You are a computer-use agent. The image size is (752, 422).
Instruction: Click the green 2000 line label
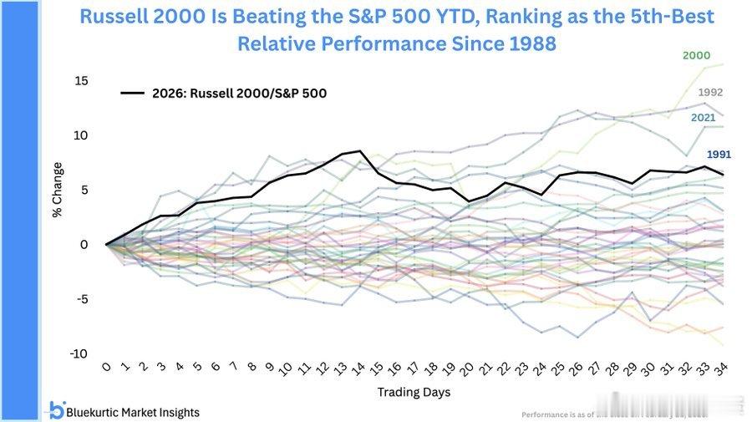[x=696, y=55]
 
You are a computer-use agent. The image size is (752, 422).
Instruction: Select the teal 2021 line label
[x=703, y=118]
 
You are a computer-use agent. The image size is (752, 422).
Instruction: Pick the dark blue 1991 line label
[x=719, y=155]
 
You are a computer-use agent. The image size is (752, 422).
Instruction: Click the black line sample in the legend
[x=133, y=93]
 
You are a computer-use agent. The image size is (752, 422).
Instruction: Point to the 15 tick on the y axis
[x=81, y=81]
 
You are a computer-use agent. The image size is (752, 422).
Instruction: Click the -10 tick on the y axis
[x=79, y=354]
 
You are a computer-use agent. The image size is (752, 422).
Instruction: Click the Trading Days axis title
[x=414, y=391]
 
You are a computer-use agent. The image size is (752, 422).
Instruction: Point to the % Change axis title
[x=58, y=190]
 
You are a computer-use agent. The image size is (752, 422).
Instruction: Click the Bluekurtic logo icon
[x=56, y=410]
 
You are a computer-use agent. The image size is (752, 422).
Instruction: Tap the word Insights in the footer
[x=175, y=412]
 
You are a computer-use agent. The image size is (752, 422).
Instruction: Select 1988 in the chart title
[x=523, y=43]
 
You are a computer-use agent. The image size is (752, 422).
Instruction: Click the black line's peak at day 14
[x=359, y=151]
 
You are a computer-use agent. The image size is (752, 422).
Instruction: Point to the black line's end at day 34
[x=722, y=174]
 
